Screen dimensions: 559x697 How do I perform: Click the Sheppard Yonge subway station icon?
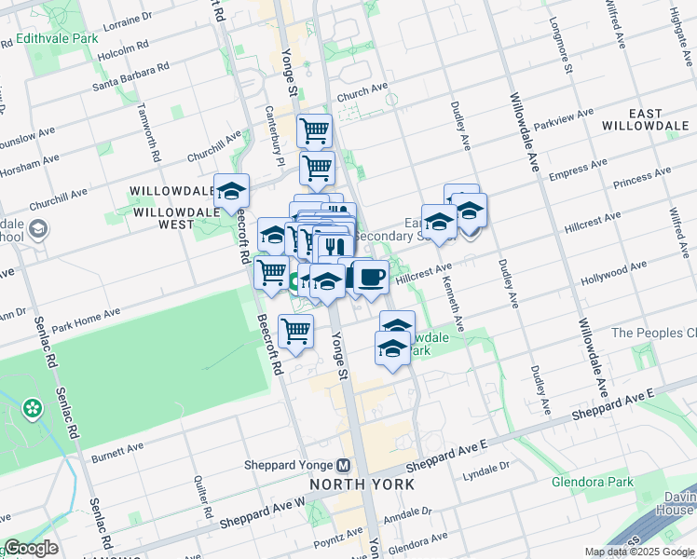pos(344,465)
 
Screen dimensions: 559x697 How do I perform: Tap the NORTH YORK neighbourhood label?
pos(361,484)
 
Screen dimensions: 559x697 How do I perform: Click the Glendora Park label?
pos(593,482)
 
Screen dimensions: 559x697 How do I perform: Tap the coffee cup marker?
pos(371,278)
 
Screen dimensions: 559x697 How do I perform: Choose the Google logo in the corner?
pos(31,549)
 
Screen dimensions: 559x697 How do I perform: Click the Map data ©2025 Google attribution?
pos(639,552)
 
